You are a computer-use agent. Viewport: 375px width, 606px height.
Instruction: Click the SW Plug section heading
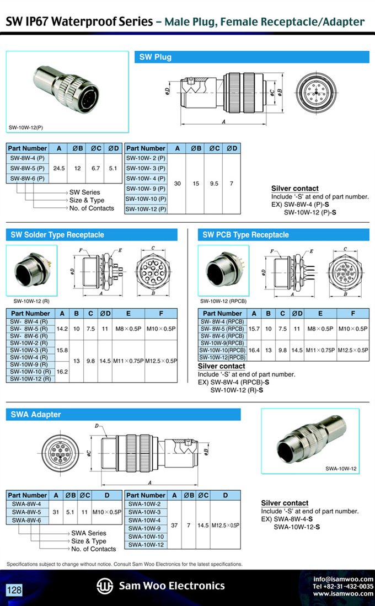pos(155,57)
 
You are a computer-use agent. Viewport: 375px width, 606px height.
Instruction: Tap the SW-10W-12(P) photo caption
pos(26,127)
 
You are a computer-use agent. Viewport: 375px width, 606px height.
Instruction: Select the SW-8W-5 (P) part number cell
pos(27,169)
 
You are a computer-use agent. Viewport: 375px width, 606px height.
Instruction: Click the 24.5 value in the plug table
pos(59,169)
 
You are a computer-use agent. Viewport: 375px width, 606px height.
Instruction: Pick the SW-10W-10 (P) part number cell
pos(146,199)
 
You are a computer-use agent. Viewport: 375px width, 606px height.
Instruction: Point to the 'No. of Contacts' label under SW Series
pos(92,208)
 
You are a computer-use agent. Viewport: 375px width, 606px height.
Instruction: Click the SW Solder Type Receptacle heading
pos(57,235)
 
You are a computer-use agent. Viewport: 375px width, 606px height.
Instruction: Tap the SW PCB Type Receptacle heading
pos(245,235)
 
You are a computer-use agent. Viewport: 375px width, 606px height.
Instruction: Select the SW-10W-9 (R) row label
pos(29,364)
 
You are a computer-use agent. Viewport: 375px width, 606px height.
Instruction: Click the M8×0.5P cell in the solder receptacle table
pos(128,329)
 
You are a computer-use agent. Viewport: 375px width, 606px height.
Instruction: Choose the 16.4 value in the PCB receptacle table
pos(254,350)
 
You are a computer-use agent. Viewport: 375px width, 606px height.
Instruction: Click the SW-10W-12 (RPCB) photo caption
pos(223,301)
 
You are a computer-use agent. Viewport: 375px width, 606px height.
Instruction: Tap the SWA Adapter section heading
pos(35,415)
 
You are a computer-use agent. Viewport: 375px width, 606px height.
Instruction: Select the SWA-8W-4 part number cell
pos(26,504)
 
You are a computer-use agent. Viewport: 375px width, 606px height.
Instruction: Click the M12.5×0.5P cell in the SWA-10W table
pos(226,525)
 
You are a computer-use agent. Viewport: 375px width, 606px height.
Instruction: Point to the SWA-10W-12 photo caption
pos(341,469)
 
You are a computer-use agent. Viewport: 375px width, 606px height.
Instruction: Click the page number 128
pos(14,590)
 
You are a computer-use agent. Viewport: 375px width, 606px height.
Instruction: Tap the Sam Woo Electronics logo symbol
pos(104,586)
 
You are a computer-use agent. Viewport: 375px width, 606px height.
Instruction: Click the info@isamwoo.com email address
pos(344,580)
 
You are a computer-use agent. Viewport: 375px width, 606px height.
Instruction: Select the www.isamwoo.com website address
pos(344,594)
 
